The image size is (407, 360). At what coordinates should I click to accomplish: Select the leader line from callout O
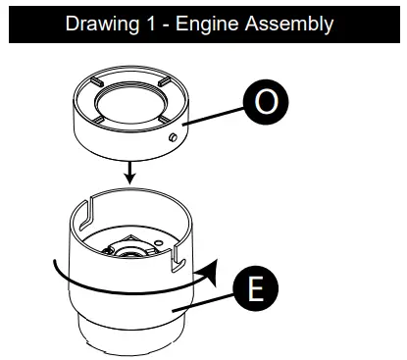212,116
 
